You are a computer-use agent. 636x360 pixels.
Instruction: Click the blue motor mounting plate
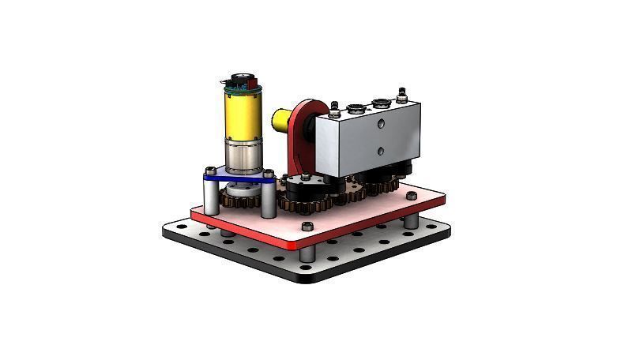(x=237, y=180)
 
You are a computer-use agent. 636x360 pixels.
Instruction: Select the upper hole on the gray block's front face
(x=380, y=123)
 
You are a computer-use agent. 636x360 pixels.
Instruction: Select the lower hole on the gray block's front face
(x=380, y=150)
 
